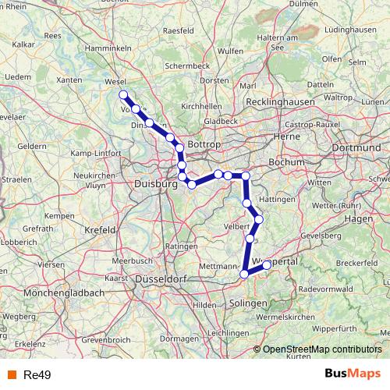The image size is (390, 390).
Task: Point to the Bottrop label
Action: pos(206,146)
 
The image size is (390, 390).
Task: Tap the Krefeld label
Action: pos(99,230)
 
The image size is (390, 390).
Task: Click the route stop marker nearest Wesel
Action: pos(123,95)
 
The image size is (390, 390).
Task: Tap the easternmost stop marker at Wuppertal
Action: pos(267,265)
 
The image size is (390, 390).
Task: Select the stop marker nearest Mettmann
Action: pos(244,274)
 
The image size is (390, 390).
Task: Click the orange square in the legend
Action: pos(10,374)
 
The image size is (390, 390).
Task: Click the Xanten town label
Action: pos(69,80)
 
